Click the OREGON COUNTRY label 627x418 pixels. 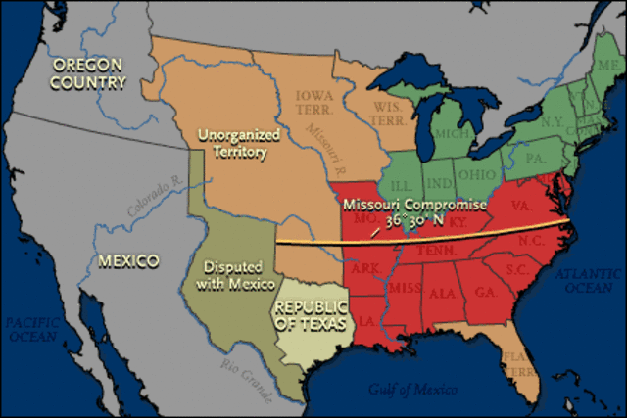tap(89, 73)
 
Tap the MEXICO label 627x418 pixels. tap(128, 261)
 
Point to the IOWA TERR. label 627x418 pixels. tap(316, 100)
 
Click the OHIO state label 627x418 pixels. tap(478, 174)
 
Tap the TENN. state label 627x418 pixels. tap(441, 250)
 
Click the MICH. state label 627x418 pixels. tap(450, 132)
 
